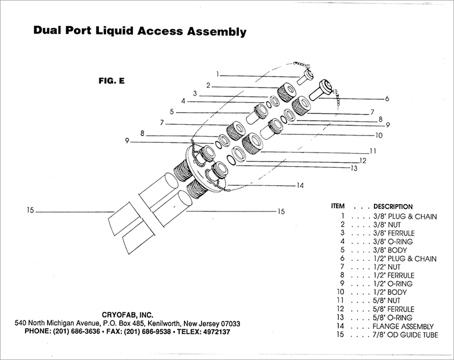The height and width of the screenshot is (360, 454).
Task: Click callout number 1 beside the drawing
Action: pyautogui.click(x=217, y=74)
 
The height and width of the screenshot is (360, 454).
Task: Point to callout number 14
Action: pyautogui.click(x=300, y=185)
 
